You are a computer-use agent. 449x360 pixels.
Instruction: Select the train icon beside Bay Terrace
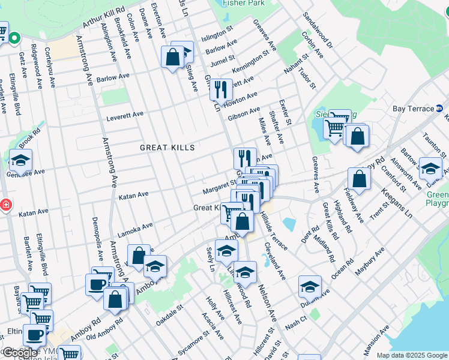(x=439, y=109)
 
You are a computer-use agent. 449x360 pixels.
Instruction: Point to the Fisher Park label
(x=243, y=3)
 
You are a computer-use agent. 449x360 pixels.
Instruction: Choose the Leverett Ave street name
(x=125, y=116)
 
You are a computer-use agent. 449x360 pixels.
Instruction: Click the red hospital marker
(x=5, y=205)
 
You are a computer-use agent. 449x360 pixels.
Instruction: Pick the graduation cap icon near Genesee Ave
(x=20, y=160)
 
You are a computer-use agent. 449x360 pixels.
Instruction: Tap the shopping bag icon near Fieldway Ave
(x=359, y=178)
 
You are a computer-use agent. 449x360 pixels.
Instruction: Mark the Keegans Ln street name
(x=400, y=205)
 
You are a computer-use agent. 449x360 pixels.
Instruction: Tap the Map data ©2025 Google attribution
(x=412, y=355)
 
